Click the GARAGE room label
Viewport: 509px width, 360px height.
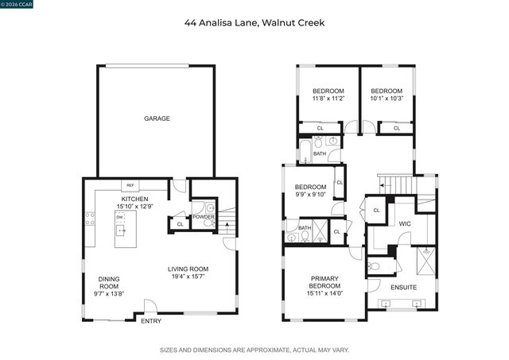(157, 118)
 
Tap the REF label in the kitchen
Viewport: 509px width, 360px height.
(131, 185)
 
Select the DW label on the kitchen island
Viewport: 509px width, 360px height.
(119, 216)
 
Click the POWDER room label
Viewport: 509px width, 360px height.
(204, 216)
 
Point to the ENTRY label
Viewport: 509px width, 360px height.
(151, 322)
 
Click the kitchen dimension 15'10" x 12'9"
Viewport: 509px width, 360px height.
(134, 206)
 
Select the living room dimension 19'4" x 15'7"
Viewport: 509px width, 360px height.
(188, 277)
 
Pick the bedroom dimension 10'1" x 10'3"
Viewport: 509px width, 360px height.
(387, 99)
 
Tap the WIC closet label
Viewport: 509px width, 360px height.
(404, 224)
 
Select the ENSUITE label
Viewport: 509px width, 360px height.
(403, 286)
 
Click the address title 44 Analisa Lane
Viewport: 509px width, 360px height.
(254, 23)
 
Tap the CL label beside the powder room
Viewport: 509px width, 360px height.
(180, 225)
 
